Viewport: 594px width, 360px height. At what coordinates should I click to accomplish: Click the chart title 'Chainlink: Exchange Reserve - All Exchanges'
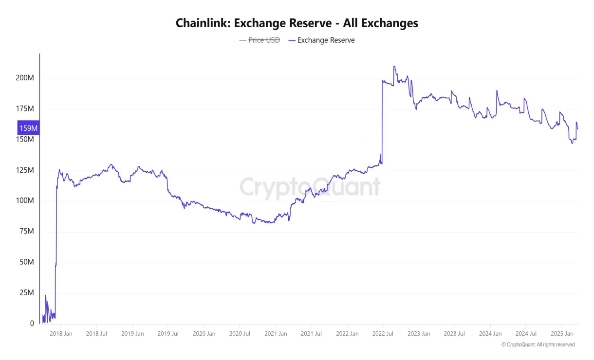297,23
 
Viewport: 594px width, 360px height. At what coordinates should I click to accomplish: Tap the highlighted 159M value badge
28,128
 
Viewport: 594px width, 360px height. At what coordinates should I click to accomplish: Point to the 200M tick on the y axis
24,78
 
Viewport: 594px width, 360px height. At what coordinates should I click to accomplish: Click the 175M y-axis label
24,109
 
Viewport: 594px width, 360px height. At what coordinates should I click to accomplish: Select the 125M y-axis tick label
24,170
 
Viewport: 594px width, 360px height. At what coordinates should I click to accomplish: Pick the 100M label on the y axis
24,201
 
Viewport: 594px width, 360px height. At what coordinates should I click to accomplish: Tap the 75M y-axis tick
26,232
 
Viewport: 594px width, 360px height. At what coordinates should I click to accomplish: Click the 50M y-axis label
26,262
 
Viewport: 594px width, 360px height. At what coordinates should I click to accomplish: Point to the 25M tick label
26,293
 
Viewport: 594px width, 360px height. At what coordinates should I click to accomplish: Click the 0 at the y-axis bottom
32,324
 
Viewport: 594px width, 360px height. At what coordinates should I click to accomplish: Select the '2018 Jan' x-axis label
61,334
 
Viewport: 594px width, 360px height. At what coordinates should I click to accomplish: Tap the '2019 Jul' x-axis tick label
168,334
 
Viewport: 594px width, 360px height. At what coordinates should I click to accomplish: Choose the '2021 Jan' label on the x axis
275,334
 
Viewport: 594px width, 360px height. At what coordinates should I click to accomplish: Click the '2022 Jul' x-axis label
383,334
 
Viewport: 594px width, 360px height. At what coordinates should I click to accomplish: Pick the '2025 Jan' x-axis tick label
561,334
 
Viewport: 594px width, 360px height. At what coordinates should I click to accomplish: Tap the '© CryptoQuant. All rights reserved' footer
538,344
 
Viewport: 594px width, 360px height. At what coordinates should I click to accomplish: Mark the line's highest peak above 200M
394,67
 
